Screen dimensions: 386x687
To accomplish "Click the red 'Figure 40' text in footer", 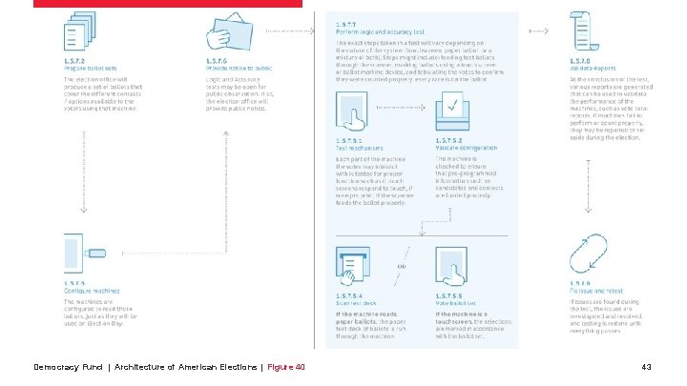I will pos(286,366).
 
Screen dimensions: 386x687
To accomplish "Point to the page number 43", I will pos(647,366).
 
